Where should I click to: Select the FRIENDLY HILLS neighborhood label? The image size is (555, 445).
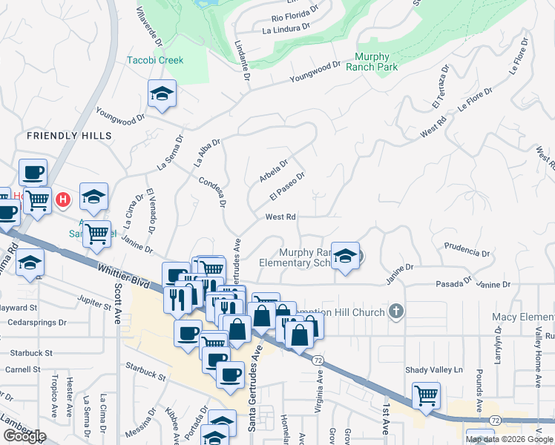pyautogui.click(x=69, y=136)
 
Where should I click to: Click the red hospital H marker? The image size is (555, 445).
pyautogui.click(x=64, y=200)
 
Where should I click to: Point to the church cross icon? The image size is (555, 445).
pyautogui.click(x=396, y=311)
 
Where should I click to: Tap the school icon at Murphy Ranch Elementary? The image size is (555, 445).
pyautogui.click(x=345, y=256)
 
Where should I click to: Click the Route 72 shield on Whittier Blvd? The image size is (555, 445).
pyautogui.click(x=318, y=359)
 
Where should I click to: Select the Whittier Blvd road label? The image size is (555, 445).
pyautogui.click(x=121, y=271)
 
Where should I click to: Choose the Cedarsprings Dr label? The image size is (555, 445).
pyautogui.click(x=37, y=323)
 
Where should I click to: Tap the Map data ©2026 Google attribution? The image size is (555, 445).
pyautogui.click(x=508, y=439)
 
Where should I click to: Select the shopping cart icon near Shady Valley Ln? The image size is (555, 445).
pyautogui.click(x=426, y=395)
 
